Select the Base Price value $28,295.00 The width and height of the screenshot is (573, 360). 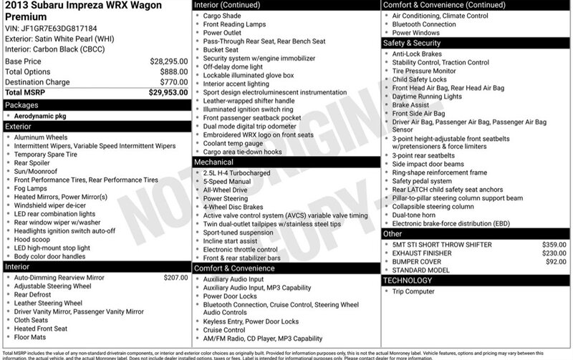click(168, 62)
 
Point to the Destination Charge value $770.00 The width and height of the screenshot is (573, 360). click(172, 82)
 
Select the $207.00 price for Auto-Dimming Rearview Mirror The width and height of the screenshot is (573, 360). click(175, 276)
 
